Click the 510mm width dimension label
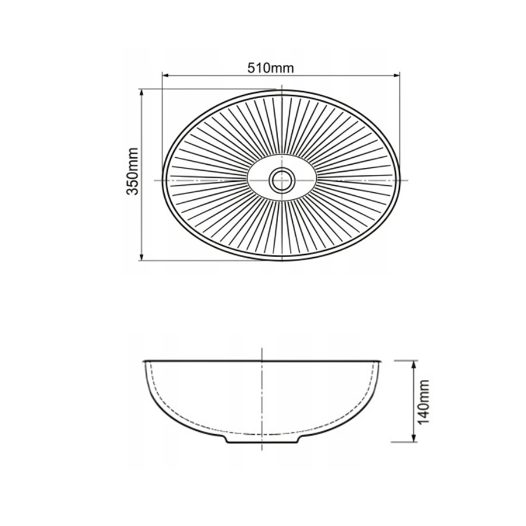pos(271,68)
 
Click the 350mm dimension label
pos(132,171)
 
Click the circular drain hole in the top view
pos(282,181)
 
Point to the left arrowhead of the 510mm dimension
pos(165,75)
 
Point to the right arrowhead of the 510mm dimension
pos(396,75)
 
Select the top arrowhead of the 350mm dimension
pos(141,92)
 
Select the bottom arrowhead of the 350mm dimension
pos(141,257)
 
